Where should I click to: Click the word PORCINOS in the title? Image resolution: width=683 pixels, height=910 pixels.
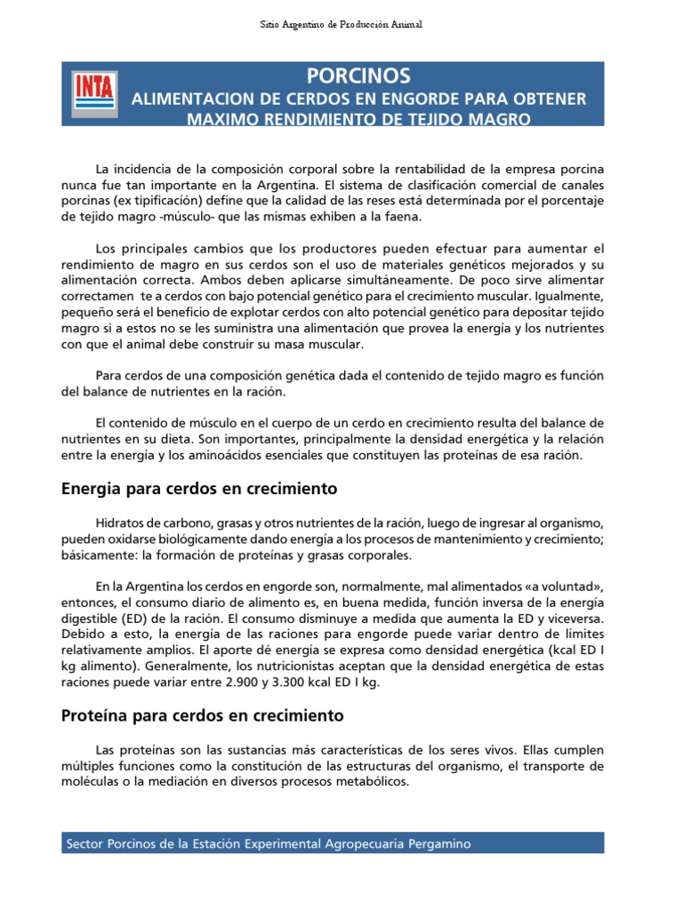click(x=358, y=76)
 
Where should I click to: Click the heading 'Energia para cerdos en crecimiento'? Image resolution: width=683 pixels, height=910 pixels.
click(x=198, y=488)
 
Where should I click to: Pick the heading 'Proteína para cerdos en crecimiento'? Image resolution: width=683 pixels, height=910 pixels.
click(x=202, y=714)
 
